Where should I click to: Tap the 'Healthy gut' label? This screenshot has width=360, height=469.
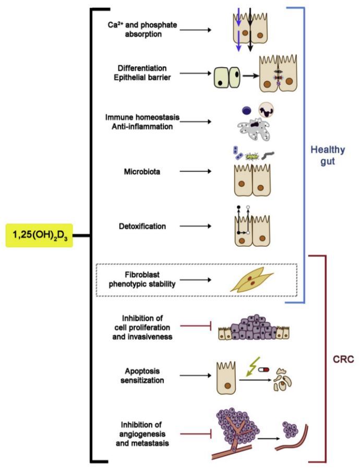(327, 155)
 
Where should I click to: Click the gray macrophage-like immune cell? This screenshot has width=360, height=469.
(256, 128)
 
